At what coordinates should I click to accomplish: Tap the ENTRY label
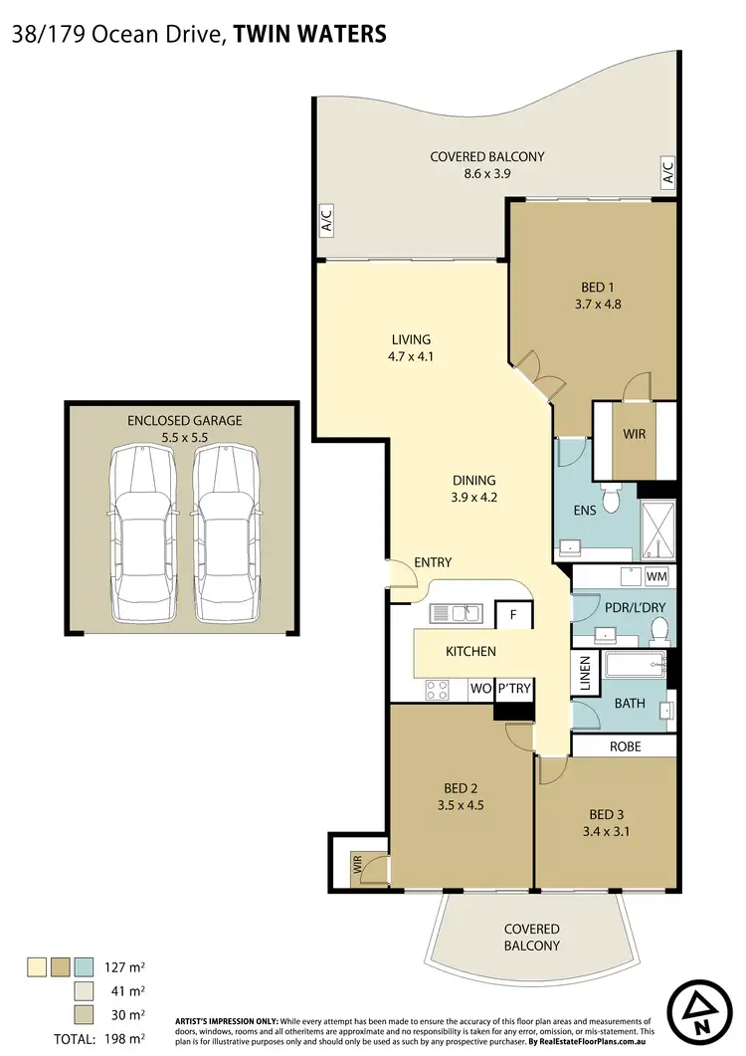tap(433, 563)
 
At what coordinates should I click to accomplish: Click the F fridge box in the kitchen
tap(514, 615)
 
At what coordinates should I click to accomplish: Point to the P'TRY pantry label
tap(513, 689)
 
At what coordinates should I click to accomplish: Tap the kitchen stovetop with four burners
tap(437, 688)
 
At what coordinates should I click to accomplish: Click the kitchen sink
tap(458, 614)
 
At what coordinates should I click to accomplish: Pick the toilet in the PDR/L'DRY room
tap(657, 628)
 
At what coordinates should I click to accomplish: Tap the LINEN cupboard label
tap(585, 675)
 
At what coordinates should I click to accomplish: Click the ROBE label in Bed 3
tap(625, 746)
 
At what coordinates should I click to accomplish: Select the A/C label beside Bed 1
tap(667, 172)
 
